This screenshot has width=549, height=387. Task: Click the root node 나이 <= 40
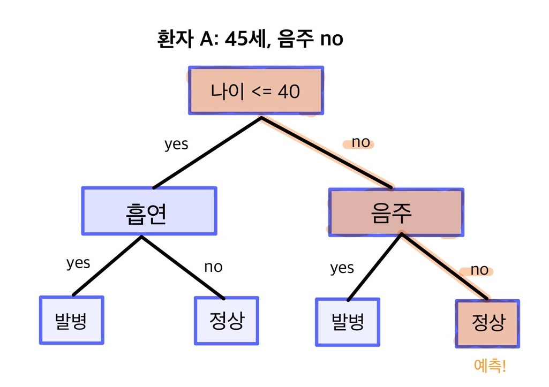[x=256, y=90]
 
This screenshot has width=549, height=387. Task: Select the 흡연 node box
[x=149, y=211]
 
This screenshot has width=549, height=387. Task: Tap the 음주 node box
[x=396, y=213]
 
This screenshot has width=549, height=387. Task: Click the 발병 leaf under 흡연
[x=71, y=320]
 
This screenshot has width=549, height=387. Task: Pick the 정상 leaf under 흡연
[x=227, y=321]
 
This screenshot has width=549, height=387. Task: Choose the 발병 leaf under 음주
[x=347, y=322]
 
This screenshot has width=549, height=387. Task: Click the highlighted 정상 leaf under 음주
[x=487, y=324]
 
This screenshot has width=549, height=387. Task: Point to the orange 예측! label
[x=490, y=366]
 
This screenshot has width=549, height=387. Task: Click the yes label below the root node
[x=176, y=144]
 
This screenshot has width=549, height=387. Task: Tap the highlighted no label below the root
[x=360, y=142]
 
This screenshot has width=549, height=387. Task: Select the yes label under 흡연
[x=78, y=263]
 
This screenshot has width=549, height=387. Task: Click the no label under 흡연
[x=213, y=267]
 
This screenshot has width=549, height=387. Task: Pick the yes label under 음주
[x=342, y=268]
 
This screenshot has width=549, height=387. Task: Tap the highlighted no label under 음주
[x=479, y=270]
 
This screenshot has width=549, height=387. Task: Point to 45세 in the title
[x=246, y=39]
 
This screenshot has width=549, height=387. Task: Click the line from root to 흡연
[x=207, y=153]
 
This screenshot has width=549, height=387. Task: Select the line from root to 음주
[x=326, y=153]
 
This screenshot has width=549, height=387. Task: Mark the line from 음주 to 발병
[x=374, y=267]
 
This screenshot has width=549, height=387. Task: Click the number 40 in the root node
[x=289, y=92]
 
